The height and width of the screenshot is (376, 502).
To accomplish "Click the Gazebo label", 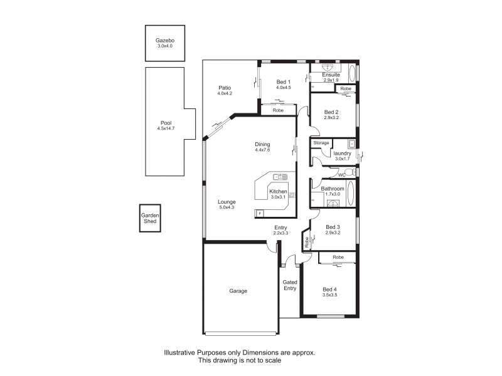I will (164, 41).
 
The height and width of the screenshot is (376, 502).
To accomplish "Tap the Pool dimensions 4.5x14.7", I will (166, 128).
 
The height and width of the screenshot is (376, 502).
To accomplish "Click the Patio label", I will (225, 87).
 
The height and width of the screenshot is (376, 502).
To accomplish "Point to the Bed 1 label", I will (284, 81).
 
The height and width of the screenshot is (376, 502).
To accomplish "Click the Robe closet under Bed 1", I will (278, 110).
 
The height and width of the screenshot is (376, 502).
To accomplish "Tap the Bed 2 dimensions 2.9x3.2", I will (333, 117).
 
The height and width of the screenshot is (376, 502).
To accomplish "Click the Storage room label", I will (321, 143).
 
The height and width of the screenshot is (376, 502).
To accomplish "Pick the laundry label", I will (342, 153).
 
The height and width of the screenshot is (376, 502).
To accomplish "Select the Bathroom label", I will (332, 189).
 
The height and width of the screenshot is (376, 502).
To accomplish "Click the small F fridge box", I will (260, 214).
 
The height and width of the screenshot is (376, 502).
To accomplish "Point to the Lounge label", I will (227, 202).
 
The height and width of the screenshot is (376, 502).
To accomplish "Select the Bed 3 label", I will (333, 227).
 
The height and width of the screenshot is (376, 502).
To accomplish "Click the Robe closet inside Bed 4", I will (338, 258).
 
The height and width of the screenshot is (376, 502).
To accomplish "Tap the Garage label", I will (238, 291).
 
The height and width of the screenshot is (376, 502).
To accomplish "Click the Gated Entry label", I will (289, 285).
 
